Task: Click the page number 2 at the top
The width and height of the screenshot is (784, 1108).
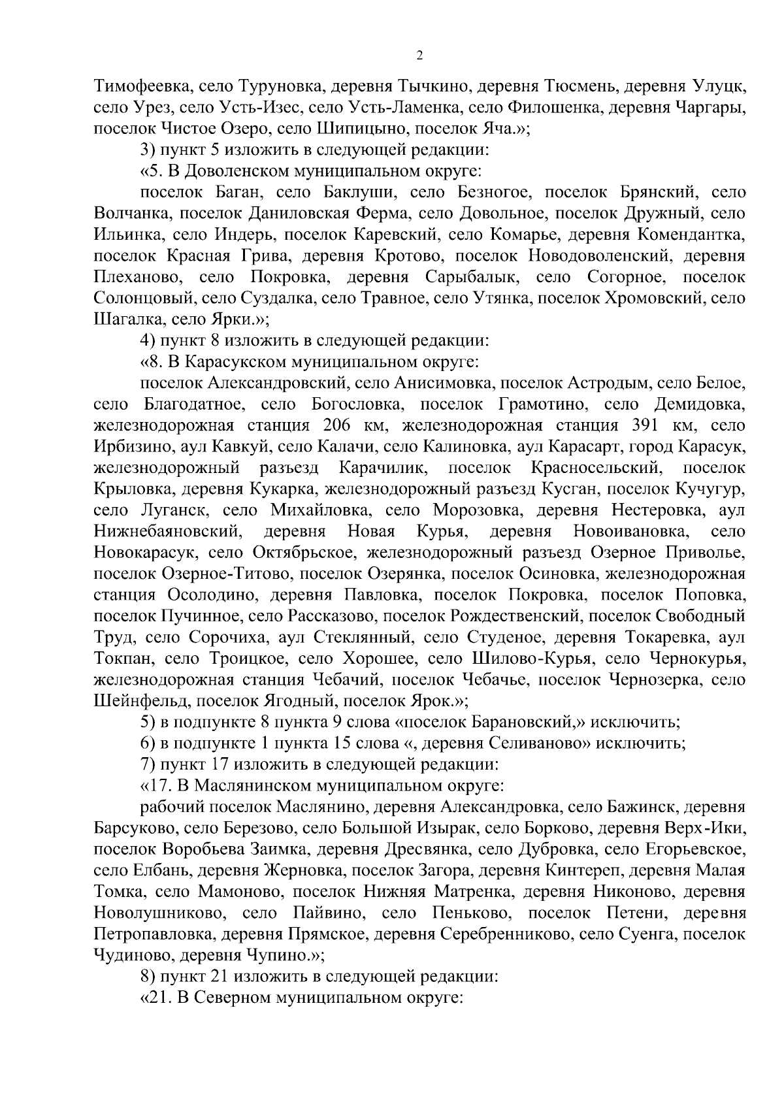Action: click(x=419, y=56)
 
